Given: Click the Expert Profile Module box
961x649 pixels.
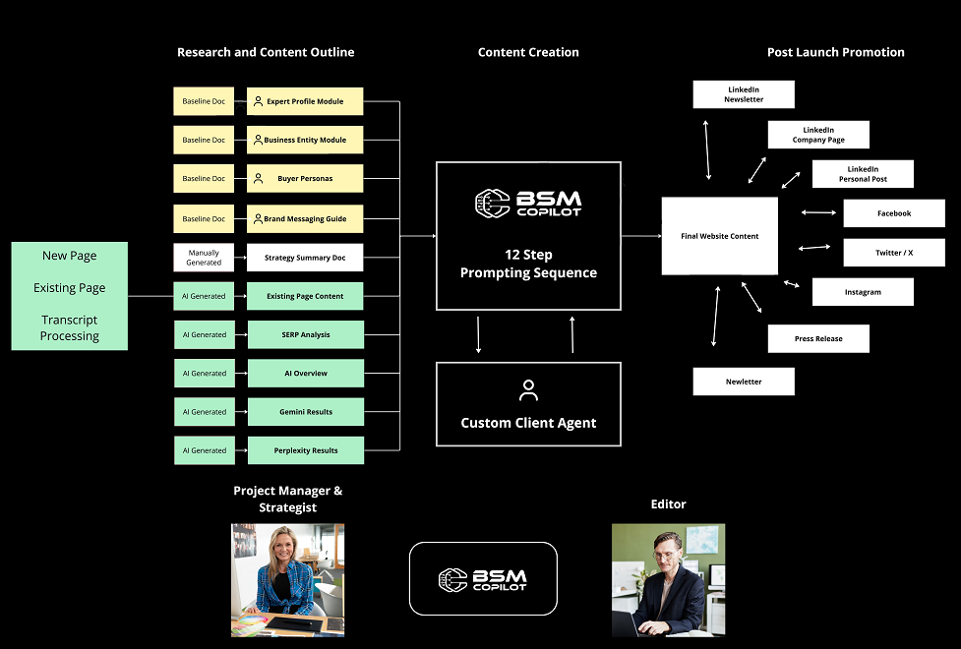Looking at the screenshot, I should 305,101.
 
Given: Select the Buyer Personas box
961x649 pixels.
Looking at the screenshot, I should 305,179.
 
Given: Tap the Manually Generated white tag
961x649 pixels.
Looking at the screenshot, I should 204,258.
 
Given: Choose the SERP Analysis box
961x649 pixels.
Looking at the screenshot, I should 305,335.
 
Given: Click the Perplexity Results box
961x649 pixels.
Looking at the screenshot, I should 305,450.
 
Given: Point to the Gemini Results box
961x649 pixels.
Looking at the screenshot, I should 305,412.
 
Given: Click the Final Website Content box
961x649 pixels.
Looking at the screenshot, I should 720,236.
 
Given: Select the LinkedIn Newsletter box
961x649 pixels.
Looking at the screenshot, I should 744,94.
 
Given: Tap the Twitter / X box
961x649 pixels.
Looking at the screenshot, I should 894,253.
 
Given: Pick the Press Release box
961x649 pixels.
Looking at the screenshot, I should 818,339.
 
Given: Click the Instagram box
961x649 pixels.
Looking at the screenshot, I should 863,292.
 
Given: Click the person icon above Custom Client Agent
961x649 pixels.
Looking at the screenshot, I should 528,390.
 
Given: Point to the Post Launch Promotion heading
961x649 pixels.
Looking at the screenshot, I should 835,52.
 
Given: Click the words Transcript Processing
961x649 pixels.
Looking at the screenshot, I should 70,328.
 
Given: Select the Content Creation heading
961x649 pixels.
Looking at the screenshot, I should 528,52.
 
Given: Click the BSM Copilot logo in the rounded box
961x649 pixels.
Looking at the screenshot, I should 483,579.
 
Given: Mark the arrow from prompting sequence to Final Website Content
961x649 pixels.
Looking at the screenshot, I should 641,236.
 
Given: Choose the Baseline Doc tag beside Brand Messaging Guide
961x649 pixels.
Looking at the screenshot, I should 204,218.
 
